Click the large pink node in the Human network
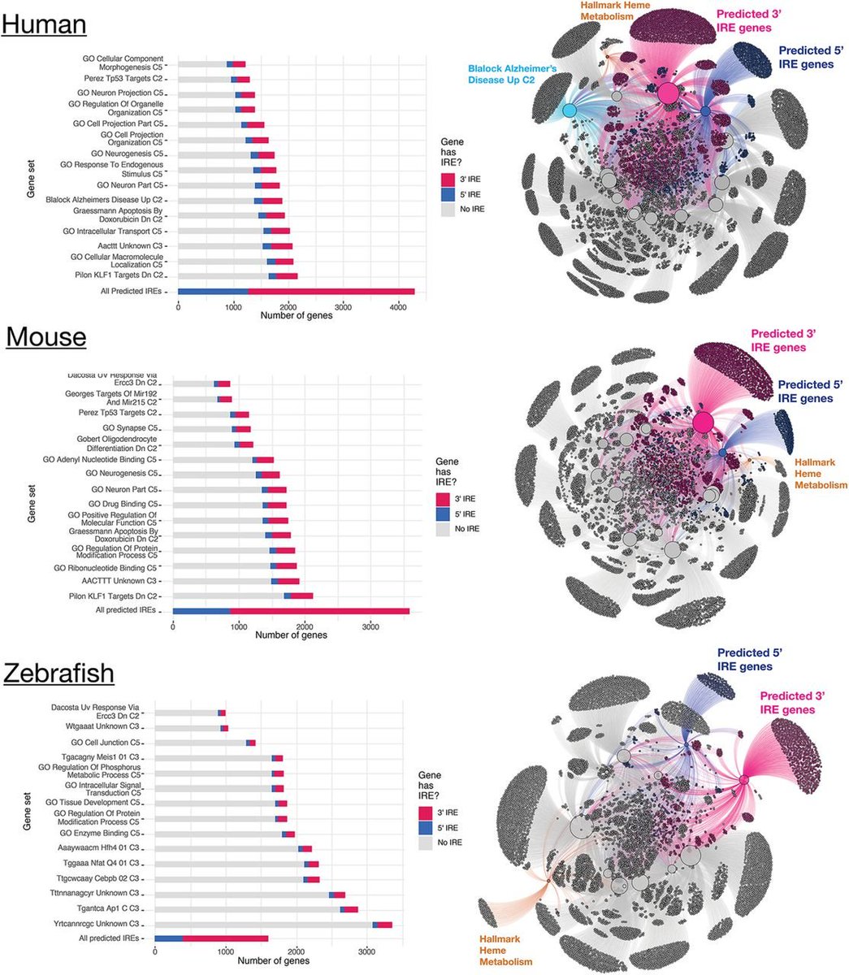668,93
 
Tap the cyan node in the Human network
570,110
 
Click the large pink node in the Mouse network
704,422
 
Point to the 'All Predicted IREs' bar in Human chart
296,291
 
